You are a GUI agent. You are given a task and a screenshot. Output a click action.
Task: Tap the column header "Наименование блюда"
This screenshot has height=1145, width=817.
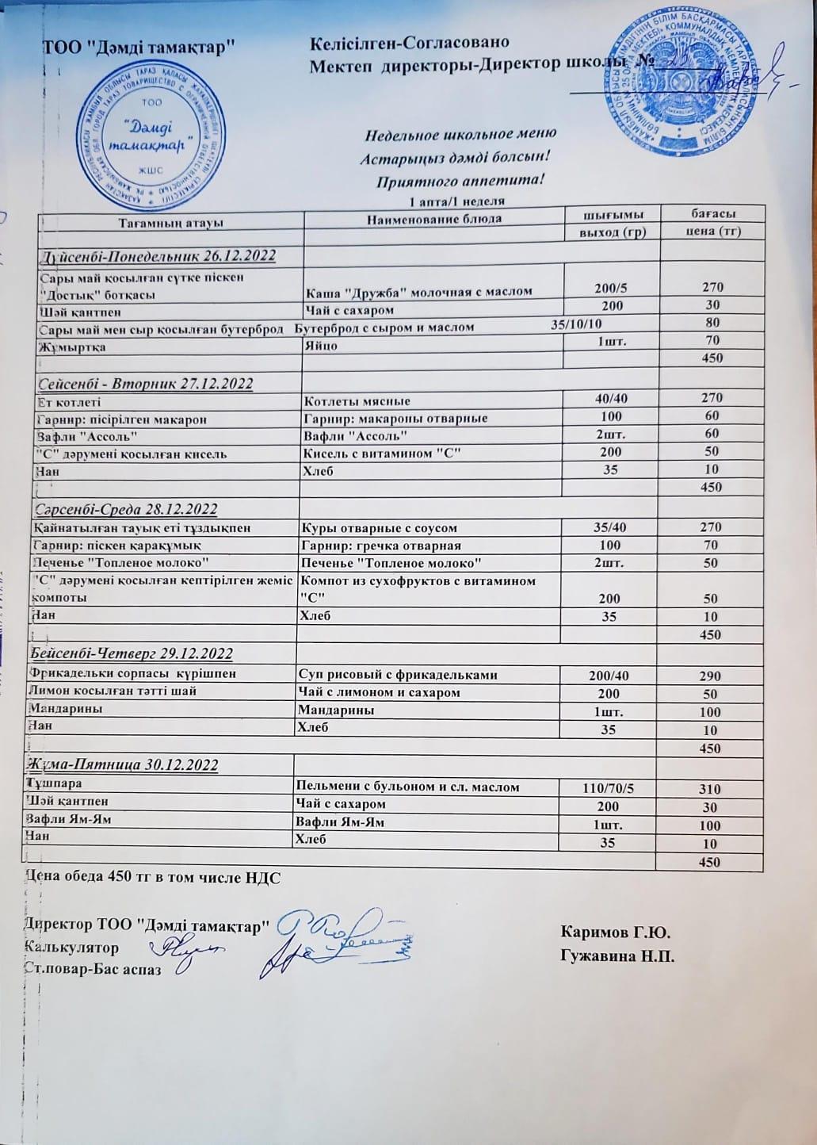click(433, 218)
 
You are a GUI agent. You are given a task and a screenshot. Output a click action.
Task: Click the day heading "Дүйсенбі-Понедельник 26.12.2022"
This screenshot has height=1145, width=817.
click(157, 255)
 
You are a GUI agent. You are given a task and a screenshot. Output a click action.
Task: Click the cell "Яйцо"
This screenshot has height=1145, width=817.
click(321, 346)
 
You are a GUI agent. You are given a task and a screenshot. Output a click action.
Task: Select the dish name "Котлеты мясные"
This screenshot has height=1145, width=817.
click(357, 401)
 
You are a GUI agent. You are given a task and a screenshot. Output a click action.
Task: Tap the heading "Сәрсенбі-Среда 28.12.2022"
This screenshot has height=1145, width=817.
click(127, 508)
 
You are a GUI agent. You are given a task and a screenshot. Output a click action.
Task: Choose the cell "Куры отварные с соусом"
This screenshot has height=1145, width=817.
click(380, 527)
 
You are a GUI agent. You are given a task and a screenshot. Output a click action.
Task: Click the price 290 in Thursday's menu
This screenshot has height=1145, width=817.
click(710, 676)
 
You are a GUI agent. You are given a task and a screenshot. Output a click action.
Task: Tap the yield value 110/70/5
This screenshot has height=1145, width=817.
click(608, 787)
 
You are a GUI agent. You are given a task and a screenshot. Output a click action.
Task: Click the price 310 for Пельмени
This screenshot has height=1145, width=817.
click(710, 789)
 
